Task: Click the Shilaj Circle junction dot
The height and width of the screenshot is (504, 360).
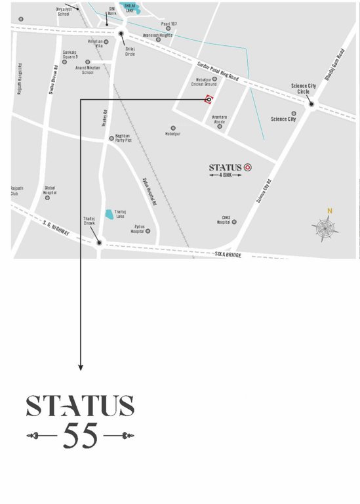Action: pyautogui.click(x=121, y=33)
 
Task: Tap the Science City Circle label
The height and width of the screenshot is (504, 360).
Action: pyautogui.click(x=304, y=89)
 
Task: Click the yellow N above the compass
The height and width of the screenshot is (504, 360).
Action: pyautogui.click(x=330, y=211)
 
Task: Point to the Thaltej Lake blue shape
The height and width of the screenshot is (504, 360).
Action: pyautogui.click(x=110, y=213)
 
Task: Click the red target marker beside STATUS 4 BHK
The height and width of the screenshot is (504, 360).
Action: pyautogui.click(x=248, y=167)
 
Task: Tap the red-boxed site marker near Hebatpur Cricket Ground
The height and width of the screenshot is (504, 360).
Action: pyautogui.click(x=208, y=100)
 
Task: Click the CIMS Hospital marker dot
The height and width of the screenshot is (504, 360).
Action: pyautogui.click(x=233, y=222)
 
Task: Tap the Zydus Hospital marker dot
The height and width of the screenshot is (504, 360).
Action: pyautogui.click(x=150, y=231)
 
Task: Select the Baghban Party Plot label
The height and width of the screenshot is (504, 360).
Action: pyautogui.click(x=124, y=138)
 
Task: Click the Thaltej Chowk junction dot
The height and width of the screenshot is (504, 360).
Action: pyautogui.click(x=99, y=243)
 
